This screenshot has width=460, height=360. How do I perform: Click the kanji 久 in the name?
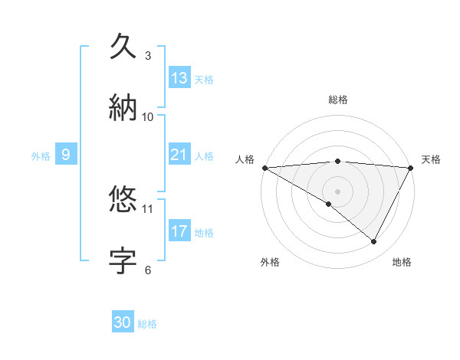pos(123,45)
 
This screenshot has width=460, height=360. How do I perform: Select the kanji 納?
pos(123,106)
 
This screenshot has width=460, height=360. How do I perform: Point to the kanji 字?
pos(123,260)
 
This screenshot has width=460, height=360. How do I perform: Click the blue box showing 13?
pos(179,78)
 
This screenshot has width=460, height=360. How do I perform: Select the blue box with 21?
pos(179,155)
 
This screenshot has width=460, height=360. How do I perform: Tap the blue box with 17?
pos(179,231)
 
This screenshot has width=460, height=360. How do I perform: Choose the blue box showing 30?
pos(123,322)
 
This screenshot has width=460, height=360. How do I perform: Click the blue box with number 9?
pos(66,155)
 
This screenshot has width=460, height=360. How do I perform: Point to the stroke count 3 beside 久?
pos(148,56)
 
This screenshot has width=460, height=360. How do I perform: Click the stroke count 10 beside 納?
pos(148,116)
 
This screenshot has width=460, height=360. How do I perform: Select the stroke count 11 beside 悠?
pos(148,208)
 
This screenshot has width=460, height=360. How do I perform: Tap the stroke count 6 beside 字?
pos(148,270)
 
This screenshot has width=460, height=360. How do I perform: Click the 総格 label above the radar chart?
pos(338,100)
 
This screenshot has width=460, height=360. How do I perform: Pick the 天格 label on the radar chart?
pos(431,159)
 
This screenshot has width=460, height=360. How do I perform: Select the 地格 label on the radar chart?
pos(402,262)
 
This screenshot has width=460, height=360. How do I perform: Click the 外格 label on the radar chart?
pos(270,262)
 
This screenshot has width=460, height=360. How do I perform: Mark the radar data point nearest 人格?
pos(265,168)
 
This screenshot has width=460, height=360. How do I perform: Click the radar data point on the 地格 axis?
pos(374,241)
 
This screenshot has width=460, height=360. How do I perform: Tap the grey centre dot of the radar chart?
pos(337,191)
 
